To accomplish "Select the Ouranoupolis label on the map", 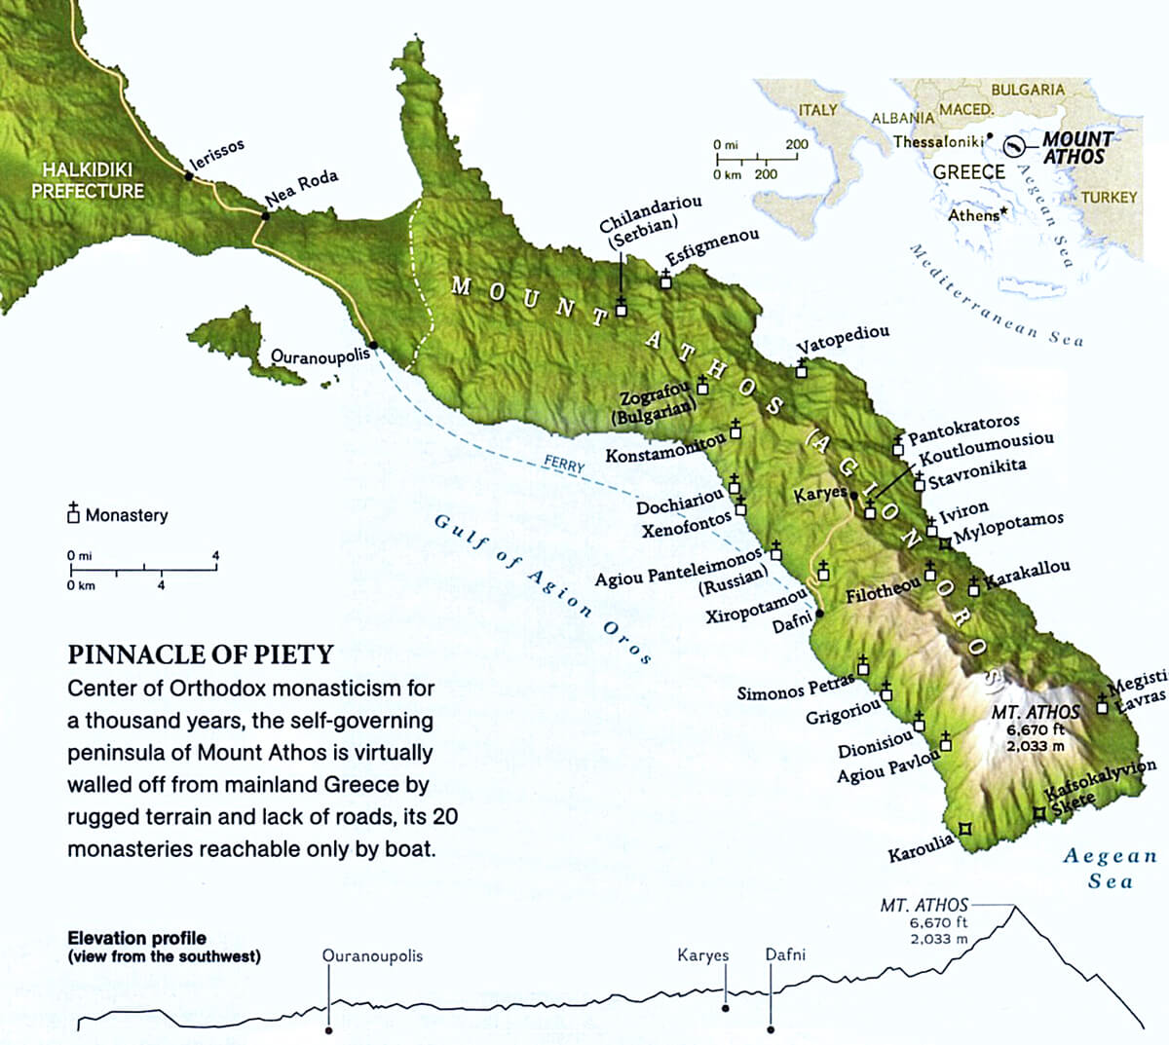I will coord(321,355).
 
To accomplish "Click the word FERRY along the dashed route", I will coord(564,466).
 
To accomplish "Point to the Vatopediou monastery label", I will coord(843,340).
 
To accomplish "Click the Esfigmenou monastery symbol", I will coord(665,280).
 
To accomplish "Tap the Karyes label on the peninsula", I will coord(820,494).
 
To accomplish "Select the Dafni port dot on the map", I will coord(819,614).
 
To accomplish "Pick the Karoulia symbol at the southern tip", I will coord(964,829).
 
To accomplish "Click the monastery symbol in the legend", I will coord(73,513).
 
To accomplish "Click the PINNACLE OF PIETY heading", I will coord(201,653).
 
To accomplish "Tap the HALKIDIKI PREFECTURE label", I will coord(87,180).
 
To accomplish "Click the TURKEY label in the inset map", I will coord(1109,197).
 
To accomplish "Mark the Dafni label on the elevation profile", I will coord(785,955).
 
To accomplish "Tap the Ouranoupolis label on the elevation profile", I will coord(372,955).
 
